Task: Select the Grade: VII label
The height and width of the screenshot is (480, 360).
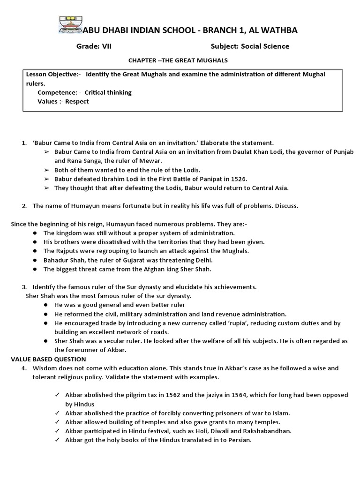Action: point(94,46)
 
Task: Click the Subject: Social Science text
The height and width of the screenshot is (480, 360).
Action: point(250,46)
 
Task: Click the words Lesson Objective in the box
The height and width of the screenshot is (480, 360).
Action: point(52,75)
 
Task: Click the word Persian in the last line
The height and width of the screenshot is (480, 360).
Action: point(239,440)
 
